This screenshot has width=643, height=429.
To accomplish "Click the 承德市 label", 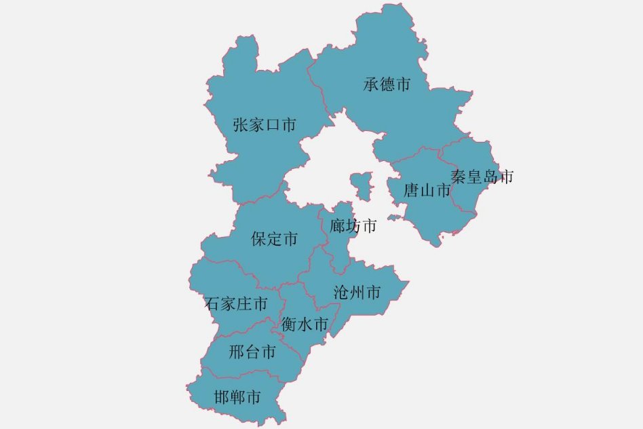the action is tap(387, 85).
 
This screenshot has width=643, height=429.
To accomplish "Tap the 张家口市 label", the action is tap(265, 125).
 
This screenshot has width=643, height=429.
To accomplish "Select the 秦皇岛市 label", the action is tap(482, 177).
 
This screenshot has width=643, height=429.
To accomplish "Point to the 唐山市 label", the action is tap(427, 191).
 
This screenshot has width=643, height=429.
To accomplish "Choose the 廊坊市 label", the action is tap(353, 226).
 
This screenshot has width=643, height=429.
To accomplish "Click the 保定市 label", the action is tap(274, 239).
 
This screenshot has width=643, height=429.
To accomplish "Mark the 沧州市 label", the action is tap(357, 293).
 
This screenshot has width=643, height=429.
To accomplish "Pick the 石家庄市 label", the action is tap(236, 303).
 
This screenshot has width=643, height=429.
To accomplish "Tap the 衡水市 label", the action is tap(305, 324).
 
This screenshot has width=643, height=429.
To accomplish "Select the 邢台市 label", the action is tap(252, 352).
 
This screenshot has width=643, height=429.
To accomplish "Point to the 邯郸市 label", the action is tap(237, 396).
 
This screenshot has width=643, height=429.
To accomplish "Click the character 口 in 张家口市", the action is tap(273, 125).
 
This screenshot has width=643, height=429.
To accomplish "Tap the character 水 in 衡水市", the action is tap(305, 324).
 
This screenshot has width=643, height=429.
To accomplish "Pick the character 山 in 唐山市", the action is tap(427, 191).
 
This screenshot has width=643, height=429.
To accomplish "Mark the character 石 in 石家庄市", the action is tap(212, 303).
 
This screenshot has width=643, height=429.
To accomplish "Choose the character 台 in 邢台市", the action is tap(252, 352).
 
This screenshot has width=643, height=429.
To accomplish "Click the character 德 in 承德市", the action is tap(387, 85).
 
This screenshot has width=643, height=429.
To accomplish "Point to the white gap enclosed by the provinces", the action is tap(326, 166).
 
